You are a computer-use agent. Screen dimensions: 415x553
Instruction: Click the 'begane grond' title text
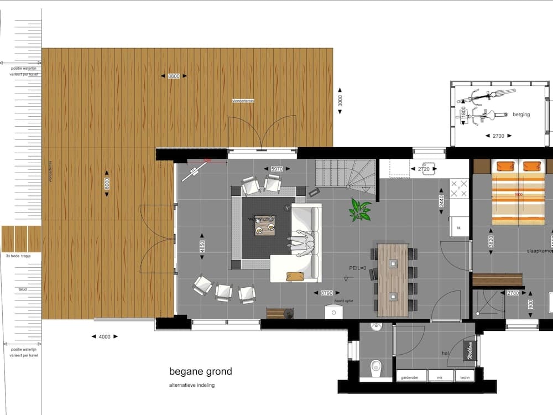[x=201, y=372]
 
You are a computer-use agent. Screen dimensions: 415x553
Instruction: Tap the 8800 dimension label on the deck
[x=174, y=76]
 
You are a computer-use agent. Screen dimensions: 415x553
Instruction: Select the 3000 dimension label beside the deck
[x=341, y=101]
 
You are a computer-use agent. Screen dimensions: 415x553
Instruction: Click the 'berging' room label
[x=521, y=115]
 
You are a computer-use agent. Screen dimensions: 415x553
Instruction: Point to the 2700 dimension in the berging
[x=498, y=136]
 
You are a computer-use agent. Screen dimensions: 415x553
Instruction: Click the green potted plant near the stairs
[x=360, y=210]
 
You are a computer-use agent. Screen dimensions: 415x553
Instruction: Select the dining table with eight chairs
[x=393, y=279]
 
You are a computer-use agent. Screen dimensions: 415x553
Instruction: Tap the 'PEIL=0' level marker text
[x=359, y=268]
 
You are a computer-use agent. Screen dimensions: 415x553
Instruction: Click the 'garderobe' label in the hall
[x=410, y=378]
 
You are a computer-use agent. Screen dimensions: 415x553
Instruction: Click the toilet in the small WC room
[x=376, y=366]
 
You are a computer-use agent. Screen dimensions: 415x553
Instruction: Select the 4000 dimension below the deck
[x=105, y=336]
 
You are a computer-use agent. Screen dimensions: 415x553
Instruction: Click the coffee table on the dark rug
[x=264, y=225]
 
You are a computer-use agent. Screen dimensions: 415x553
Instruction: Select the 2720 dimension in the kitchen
[x=424, y=169]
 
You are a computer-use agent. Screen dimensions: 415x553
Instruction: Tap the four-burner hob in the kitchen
[x=459, y=189]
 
